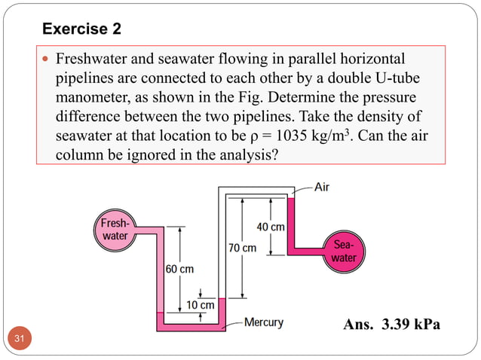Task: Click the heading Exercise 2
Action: click(81, 29)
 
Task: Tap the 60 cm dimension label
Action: click(179, 270)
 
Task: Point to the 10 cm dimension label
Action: click(201, 305)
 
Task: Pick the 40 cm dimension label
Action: click(271, 227)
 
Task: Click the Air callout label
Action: click(320, 187)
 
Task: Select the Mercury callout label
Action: click(263, 322)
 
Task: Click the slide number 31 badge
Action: click(20, 340)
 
